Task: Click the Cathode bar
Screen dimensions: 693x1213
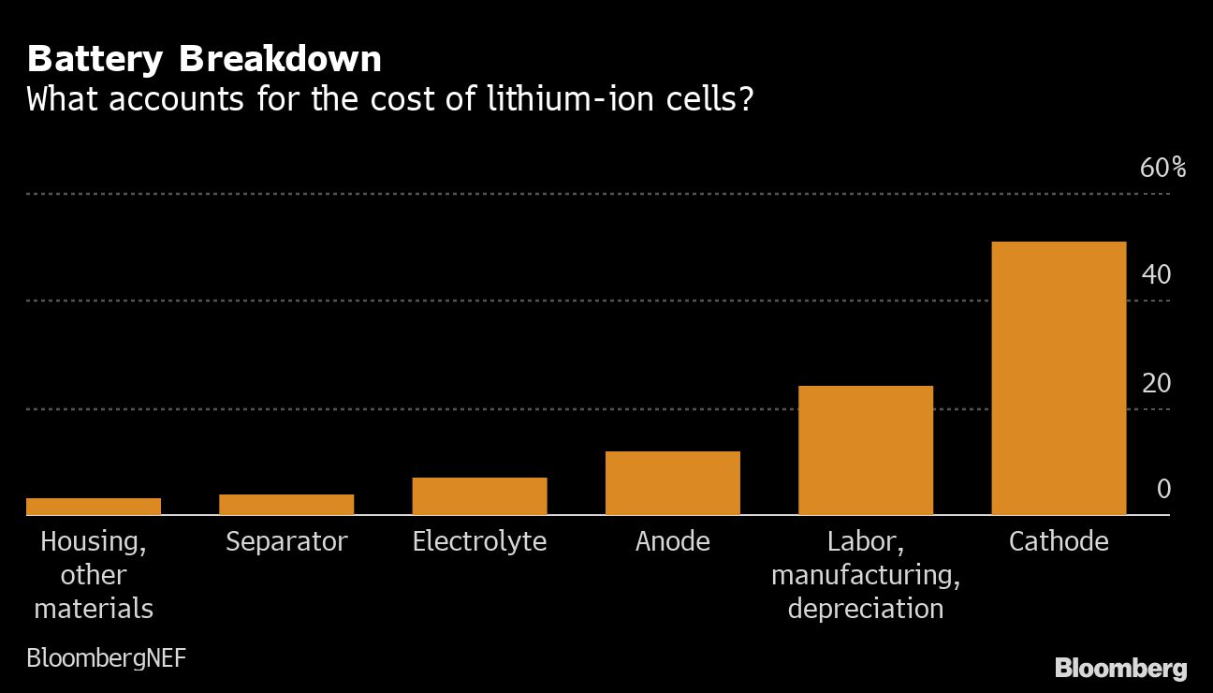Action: (x=1058, y=378)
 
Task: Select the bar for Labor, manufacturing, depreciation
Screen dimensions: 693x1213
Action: (x=865, y=450)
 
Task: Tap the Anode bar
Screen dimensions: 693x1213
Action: (x=672, y=483)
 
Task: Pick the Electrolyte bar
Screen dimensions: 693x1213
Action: (x=479, y=496)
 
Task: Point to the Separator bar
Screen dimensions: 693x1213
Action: (x=286, y=505)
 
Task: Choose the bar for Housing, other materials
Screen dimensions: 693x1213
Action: (x=94, y=507)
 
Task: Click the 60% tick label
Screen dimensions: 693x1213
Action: (x=1162, y=169)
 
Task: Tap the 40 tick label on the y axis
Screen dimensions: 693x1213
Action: (x=1156, y=275)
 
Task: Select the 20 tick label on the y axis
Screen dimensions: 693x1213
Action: (x=1156, y=384)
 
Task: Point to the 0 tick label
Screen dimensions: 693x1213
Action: (x=1163, y=490)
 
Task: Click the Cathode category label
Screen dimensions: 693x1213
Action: (x=1058, y=541)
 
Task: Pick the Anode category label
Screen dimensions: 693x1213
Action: (x=672, y=541)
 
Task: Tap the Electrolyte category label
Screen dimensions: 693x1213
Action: (x=479, y=541)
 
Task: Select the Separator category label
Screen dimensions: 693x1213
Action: (x=286, y=541)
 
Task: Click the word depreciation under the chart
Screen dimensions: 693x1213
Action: (x=865, y=609)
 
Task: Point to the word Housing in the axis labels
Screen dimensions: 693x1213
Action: (x=94, y=541)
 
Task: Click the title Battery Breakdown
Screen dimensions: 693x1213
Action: (x=204, y=60)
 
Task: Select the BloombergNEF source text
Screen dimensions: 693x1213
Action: (x=106, y=658)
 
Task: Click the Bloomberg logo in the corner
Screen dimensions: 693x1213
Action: (x=1120, y=669)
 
